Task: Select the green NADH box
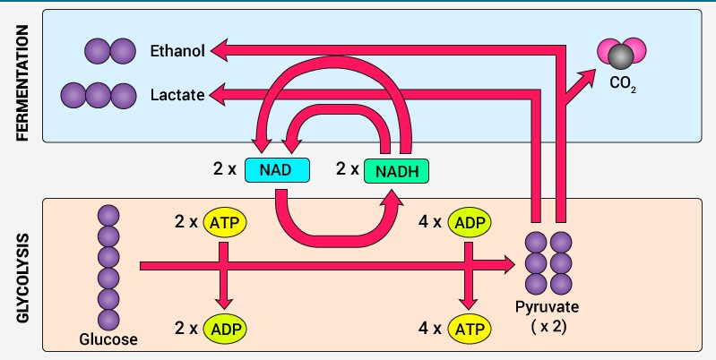(x=397, y=169)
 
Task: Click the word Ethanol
(x=177, y=52)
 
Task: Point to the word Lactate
(x=177, y=93)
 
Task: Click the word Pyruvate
(x=548, y=307)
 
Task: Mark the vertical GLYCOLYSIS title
(x=23, y=273)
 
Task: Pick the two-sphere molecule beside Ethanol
(x=109, y=52)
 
